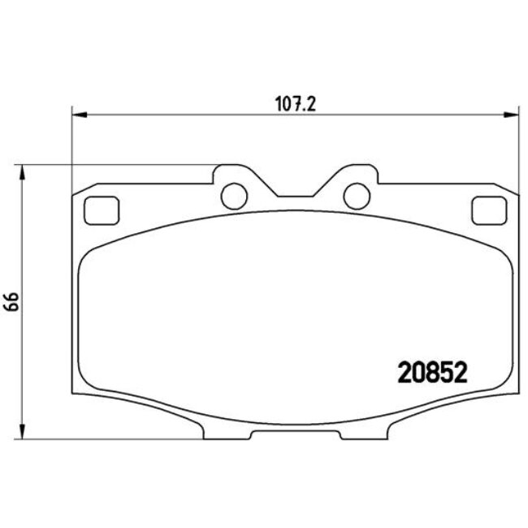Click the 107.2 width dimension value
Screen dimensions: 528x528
295,104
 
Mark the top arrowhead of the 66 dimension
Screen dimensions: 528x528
24,171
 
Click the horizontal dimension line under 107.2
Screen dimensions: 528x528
203,115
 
